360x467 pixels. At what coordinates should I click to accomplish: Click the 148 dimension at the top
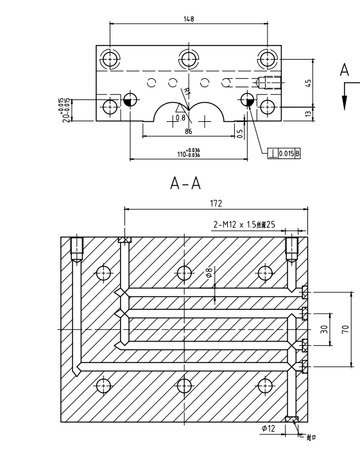click(x=189, y=19)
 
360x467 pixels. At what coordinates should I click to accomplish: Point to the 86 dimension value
click(x=189, y=131)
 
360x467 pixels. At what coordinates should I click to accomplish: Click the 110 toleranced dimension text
click(x=189, y=153)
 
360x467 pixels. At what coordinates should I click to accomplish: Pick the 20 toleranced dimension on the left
click(x=64, y=108)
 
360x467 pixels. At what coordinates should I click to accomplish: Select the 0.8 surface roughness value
click(x=181, y=117)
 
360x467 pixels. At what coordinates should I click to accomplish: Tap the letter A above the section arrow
click(x=345, y=71)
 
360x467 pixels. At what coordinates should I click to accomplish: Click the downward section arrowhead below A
click(x=345, y=103)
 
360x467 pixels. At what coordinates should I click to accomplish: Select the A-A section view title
click(x=185, y=184)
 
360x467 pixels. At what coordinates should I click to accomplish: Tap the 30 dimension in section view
click(x=325, y=329)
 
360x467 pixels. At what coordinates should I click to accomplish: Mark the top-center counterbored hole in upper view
click(x=188, y=60)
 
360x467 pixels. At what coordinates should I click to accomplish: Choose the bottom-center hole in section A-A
click(x=184, y=386)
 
